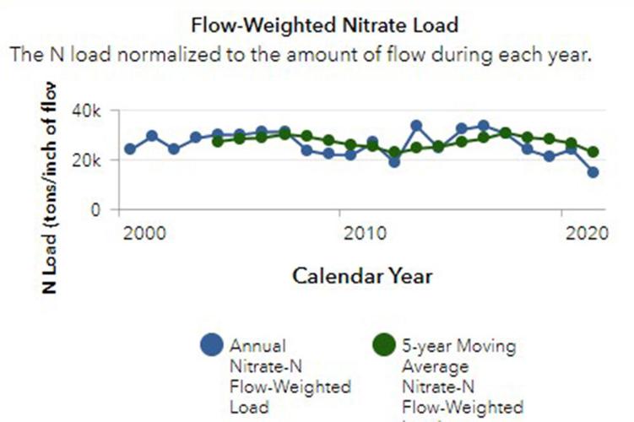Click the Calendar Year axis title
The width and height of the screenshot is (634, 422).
[x=362, y=275]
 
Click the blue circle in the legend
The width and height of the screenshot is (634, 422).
[x=212, y=345]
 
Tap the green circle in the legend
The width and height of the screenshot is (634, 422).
[x=385, y=345]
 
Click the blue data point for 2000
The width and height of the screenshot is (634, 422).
[x=130, y=149]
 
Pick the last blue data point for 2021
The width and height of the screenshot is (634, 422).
[x=593, y=172]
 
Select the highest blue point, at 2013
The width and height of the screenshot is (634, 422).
[x=416, y=126]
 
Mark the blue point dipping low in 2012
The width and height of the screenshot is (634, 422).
[x=394, y=162]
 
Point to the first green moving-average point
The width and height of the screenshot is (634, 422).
[x=218, y=141]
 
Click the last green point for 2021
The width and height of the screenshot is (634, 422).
[x=593, y=152]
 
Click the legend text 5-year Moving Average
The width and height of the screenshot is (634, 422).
[x=459, y=355]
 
